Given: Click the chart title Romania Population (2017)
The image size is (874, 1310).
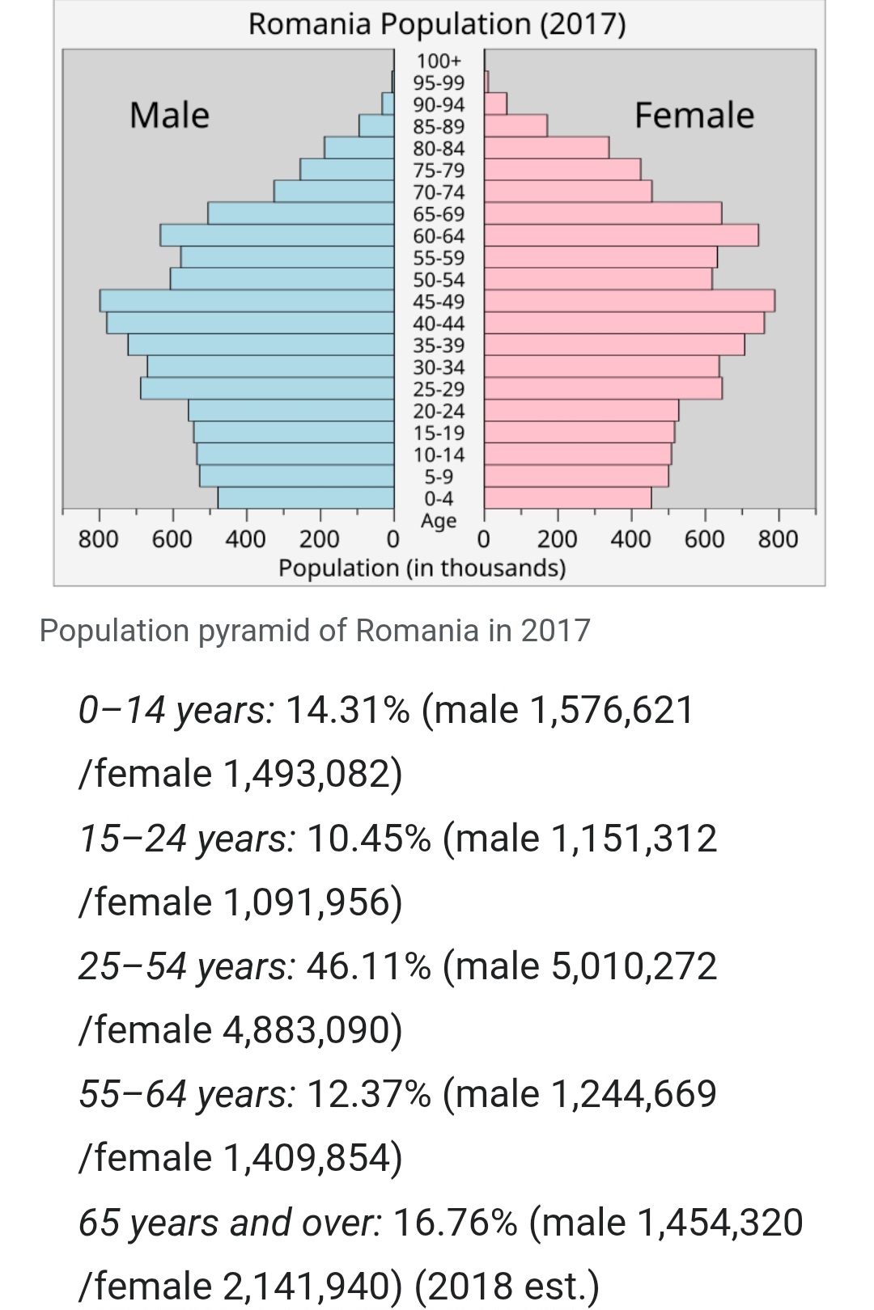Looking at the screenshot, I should pos(437,24).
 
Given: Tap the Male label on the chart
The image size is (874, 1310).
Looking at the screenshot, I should pos(169,115).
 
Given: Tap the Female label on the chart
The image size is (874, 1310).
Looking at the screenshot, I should pos(694,115).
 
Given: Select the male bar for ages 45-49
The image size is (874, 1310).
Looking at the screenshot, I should pos(247,301).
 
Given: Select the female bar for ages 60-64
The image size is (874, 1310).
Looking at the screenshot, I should pos(622,235).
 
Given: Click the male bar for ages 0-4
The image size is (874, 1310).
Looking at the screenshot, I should pos(306,498).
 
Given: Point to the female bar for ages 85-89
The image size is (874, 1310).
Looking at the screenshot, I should pos(516,126).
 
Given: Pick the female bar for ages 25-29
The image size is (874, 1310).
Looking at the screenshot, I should pos(603,388).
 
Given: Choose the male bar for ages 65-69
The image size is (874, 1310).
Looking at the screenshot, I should pos(301,213).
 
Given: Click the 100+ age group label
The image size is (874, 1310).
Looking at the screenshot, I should pos(439,61).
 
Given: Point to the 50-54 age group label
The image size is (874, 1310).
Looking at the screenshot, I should pos(439,280).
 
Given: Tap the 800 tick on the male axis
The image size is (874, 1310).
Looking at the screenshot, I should pos(99,539).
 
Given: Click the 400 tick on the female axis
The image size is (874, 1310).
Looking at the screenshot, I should pos(630,539).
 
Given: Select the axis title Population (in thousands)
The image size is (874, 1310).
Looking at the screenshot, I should pos(422,568).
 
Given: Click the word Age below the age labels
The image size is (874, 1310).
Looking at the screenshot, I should pos(439,521).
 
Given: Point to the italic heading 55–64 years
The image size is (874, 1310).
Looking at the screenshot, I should pos(187,1094).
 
